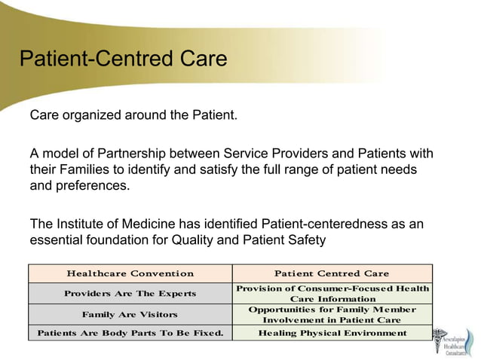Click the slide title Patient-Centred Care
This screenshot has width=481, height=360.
point(122,59)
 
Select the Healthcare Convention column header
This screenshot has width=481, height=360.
point(130,273)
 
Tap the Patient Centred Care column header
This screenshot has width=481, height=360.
point(332,273)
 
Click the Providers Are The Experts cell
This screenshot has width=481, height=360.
point(130,293)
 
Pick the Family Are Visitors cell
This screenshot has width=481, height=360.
point(130,314)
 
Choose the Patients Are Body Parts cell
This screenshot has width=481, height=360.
point(130,333)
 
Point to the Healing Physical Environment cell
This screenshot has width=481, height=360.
point(332,333)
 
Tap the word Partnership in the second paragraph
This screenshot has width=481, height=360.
point(137,154)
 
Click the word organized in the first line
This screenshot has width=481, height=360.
point(88,117)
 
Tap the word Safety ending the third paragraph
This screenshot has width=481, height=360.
point(308,240)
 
